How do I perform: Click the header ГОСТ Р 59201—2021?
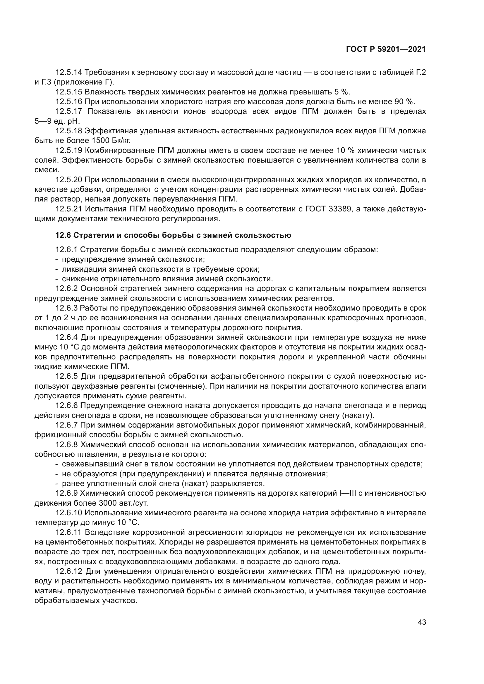[386, 49]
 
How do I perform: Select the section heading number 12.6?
[63, 235]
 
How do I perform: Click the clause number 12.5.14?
[68, 73]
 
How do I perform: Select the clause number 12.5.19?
[68, 150]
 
